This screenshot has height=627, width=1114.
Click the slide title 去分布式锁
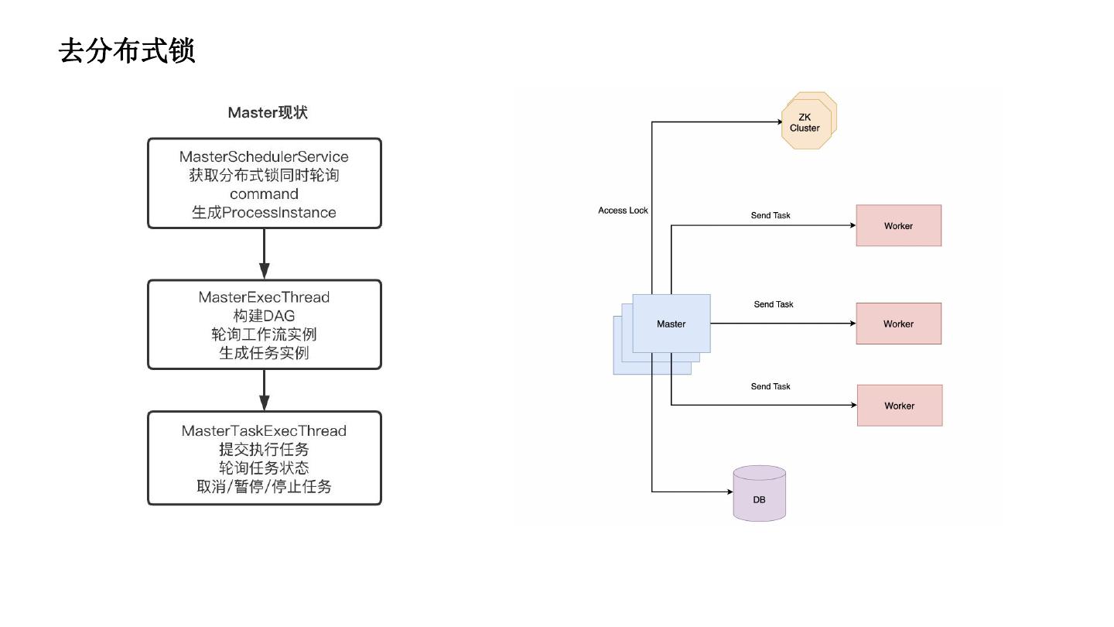pyautogui.click(x=127, y=52)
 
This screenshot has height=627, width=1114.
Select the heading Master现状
pyautogui.click(x=268, y=113)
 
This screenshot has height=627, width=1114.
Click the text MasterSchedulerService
pyautogui.click(x=264, y=157)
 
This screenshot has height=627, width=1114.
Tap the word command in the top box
pyautogui.click(x=264, y=194)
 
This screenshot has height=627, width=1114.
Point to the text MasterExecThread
pyautogui.click(x=264, y=297)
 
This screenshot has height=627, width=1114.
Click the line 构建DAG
pyautogui.click(x=264, y=316)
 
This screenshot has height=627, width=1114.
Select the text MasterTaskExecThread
pyautogui.click(x=264, y=431)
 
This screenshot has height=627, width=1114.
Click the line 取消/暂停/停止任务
pyautogui.click(x=264, y=487)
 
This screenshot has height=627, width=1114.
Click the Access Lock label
pyautogui.click(x=623, y=211)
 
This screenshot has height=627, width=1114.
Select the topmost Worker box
pyautogui.click(x=898, y=226)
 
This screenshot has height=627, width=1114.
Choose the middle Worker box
pyautogui.click(x=898, y=324)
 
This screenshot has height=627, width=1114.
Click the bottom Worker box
pyautogui.click(x=899, y=406)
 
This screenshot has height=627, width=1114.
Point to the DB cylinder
pyautogui.click(x=759, y=495)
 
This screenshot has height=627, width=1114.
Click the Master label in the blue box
pyautogui.click(x=671, y=324)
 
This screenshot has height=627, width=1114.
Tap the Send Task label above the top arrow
pyautogui.click(x=771, y=215)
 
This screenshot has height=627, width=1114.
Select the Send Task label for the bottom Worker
pyautogui.click(x=771, y=386)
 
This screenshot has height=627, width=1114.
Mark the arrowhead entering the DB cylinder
pyautogui.click(x=728, y=492)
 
